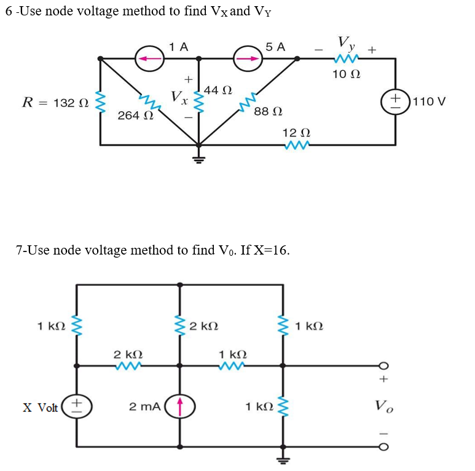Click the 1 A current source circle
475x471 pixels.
150,58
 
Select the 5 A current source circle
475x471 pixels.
248,58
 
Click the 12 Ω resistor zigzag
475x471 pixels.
298,145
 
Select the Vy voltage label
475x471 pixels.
346,43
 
